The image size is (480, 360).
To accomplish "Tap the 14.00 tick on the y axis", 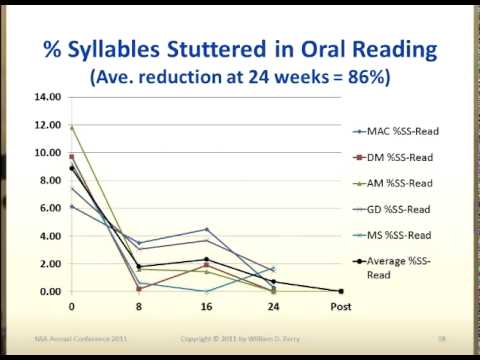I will click(49, 98).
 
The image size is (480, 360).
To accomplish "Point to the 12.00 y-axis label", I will click(49, 126).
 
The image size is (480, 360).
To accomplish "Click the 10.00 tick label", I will click(49, 153).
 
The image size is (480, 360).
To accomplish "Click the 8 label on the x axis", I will click(139, 305).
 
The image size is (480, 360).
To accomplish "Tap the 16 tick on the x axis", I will click(206, 305).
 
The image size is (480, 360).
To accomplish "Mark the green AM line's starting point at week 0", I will click(70, 127).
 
